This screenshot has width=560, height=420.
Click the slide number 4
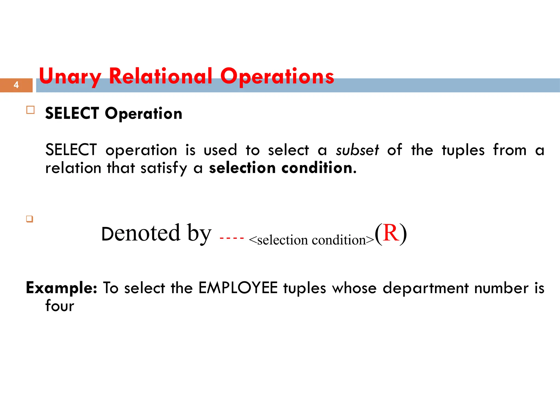tap(16, 85)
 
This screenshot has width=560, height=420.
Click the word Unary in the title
tap(70, 77)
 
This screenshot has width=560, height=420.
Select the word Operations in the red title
tap(277, 77)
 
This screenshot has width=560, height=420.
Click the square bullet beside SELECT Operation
tap(30, 110)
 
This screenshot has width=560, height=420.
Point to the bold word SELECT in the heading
tap(72, 113)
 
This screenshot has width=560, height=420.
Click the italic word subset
tap(357, 150)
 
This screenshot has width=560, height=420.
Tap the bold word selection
tap(242, 168)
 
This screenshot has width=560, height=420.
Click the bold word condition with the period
tap(319, 168)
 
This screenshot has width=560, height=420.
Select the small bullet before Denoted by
tap(30, 219)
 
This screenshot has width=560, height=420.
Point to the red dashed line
tap(231, 238)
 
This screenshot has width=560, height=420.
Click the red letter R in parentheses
tap(390, 233)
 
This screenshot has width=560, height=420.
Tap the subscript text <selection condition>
tap(311, 240)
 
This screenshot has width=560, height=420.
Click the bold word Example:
tap(62, 288)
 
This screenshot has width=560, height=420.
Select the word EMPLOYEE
tap(238, 288)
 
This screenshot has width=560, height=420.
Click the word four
tap(60, 306)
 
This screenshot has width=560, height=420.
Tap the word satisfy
tap(164, 168)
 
